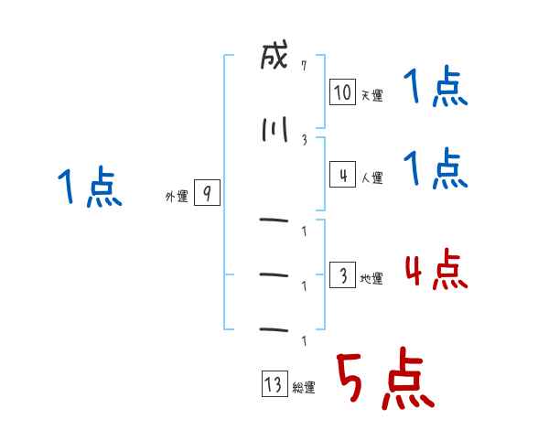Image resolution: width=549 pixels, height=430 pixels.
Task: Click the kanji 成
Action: [x=274, y=55]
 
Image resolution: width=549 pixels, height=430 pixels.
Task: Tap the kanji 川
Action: [x=274, y=130]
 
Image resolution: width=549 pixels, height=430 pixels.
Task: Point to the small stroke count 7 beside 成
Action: [x=304, y=66]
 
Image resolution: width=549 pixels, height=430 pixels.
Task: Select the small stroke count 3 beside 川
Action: [x=305, y=140]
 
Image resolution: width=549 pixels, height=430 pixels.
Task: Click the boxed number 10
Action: [x=342, y=92]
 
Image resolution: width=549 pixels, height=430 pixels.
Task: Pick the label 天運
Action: [x=372, y=95]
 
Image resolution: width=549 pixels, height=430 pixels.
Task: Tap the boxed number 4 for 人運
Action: [x=342, y=175]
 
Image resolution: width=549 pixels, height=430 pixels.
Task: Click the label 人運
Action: [x=372, y=177]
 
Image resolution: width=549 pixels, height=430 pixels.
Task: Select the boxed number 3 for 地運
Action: [x=342, y=274]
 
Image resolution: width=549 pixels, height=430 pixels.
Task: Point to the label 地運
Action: [x=371, y=279]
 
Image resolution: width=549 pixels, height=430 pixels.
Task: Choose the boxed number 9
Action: [x=207, y=192]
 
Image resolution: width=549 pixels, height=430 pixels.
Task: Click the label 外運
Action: [x=177, y=197]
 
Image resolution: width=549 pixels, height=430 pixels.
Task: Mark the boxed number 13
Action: [x=274, y=383]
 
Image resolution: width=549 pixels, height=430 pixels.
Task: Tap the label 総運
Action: [x=304, y=388]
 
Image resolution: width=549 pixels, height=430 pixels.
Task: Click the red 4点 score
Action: [x=436, y=269]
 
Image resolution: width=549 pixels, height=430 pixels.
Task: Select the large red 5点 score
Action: [x=385, y=378]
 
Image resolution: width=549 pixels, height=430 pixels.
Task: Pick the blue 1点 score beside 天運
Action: [x=436, y=86]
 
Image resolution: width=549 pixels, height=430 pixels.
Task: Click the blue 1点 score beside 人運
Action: [x=436, y=168]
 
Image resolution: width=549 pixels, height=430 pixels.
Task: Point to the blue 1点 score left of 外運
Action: [x=90, y=187]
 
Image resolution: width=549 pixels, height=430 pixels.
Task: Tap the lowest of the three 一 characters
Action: [x=274, y=329]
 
